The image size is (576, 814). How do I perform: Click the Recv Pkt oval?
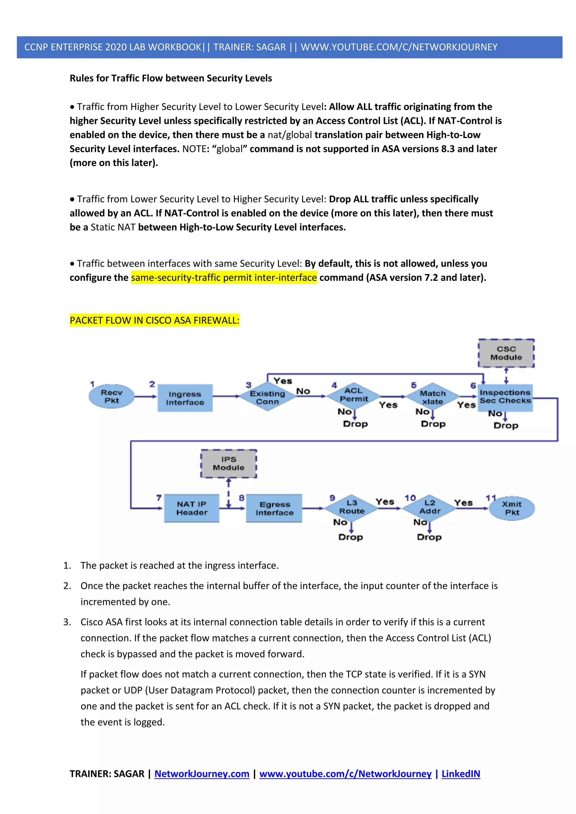[x=111, y=396]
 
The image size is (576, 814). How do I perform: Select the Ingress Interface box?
[x=185, y=398]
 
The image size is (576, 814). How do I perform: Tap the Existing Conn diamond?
[x=267, y=397]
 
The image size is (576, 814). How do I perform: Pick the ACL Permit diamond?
[x=353, y=395]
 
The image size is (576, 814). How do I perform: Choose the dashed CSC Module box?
[x=506, y=353]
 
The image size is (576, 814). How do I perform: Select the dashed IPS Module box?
[x=228, y=463]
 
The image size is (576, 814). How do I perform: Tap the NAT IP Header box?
[x=192, y=508]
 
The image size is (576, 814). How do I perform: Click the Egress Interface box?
[x=274, y=508]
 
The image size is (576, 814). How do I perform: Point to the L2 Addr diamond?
[x=429, y=507]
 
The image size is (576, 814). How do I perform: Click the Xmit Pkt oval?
[x=512, y=508]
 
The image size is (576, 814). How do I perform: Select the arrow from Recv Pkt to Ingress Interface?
[x=145, y=397]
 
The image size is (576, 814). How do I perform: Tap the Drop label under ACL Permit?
[x=355, y=424]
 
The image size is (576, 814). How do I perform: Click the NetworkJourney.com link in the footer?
[x=202, y=774]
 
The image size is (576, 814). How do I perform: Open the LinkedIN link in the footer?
[x=461, y=774]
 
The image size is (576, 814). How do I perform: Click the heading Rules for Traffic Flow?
[x=171, y=78]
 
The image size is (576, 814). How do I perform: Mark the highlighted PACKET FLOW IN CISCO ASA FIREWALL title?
[x=154, y=320]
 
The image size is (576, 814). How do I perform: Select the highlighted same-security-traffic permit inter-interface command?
[x=224, y=278]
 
